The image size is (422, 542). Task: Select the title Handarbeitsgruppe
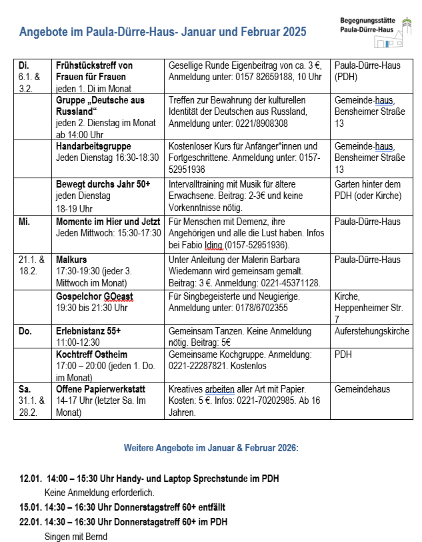(93, 146)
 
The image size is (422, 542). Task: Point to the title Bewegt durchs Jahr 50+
(103, 184)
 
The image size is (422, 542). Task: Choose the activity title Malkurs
(71, 260)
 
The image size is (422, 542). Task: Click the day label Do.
(25, 331)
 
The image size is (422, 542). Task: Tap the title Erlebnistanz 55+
(88, 331)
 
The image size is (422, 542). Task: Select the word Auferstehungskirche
(371, 331)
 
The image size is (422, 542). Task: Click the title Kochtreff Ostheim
(91, 354)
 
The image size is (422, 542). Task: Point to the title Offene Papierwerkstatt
(99, 389)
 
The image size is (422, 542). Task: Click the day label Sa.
(24, 389)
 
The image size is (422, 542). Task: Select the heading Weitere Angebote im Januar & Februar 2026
(211, 448)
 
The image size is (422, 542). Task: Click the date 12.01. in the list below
(31, 479)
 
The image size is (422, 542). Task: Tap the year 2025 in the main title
(294, 31)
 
